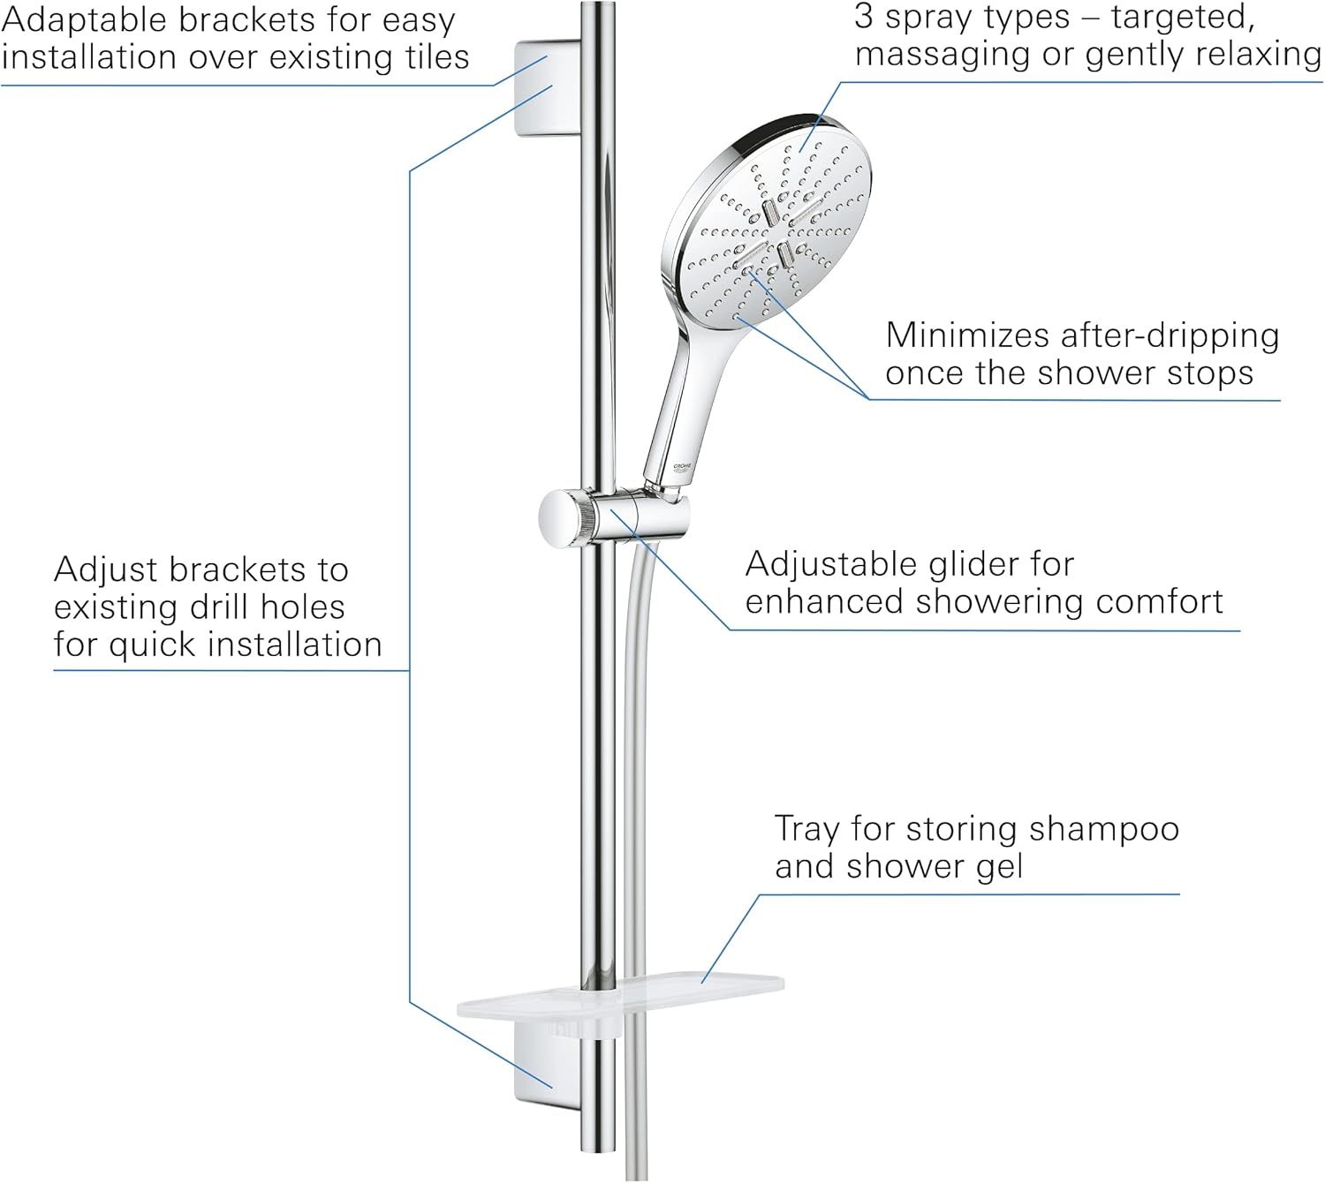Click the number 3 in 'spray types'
pyautogui.click(x=864, y=16)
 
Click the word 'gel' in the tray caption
pyautogui.click(x=999, y=867)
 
